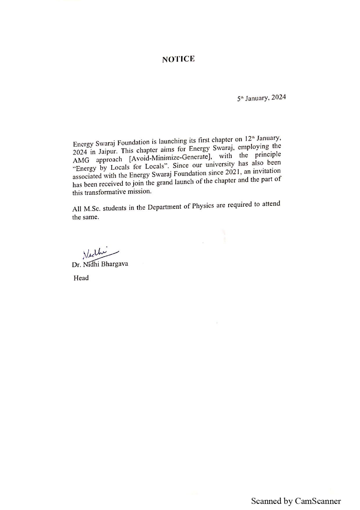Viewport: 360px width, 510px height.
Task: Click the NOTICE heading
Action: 178,59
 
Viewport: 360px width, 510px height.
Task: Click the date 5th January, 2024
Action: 261,98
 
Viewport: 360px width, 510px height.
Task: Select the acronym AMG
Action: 81,160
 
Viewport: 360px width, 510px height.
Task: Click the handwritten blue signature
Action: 99,253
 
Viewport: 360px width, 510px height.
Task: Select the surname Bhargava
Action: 115,264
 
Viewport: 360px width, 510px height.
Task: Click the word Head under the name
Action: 81,278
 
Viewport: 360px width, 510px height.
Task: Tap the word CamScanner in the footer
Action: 318,501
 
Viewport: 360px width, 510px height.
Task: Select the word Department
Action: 164,207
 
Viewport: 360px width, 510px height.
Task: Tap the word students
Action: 114,208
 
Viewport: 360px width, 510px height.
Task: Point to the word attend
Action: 271,204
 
